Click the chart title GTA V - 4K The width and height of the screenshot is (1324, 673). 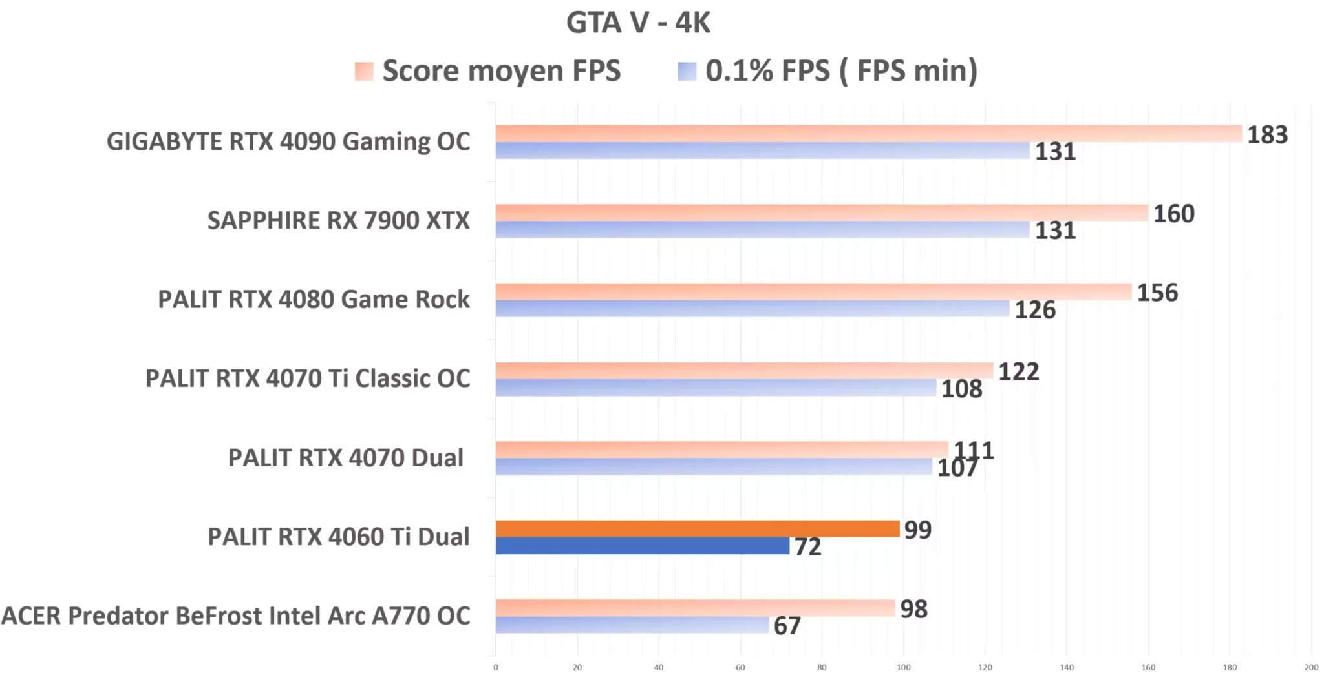click(638, 23)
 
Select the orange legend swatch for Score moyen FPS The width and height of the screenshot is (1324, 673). click(364, 71)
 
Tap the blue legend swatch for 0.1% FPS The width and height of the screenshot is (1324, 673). click(687, 71)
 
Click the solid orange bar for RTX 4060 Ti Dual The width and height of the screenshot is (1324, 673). click(697, 529)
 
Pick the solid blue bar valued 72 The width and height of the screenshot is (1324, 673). click(642, 546)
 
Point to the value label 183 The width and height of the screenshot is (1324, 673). click(1267, 135)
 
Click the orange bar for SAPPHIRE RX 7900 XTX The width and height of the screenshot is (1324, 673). click(821, 212)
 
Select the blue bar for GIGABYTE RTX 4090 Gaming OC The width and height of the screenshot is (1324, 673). click(762, 150)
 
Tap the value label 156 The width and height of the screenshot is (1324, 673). click(1157, 293)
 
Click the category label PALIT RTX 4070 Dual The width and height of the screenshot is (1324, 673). click(345, 458)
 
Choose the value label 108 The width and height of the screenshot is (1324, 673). click(961, 389)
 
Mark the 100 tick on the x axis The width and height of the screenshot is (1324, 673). click(903, 667)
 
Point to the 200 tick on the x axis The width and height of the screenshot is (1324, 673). click(1311, 667)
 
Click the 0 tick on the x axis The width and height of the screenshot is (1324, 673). click(496, 667)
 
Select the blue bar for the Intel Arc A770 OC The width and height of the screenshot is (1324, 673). click(632, 625)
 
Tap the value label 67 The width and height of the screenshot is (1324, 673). click(787, 626)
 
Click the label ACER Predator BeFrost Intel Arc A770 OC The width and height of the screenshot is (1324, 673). click(236, 616)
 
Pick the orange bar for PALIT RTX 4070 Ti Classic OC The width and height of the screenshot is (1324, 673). click(743, 371)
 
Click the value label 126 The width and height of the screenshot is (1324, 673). click(1034, 310)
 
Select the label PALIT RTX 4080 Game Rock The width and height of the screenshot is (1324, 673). click(314, 300)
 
